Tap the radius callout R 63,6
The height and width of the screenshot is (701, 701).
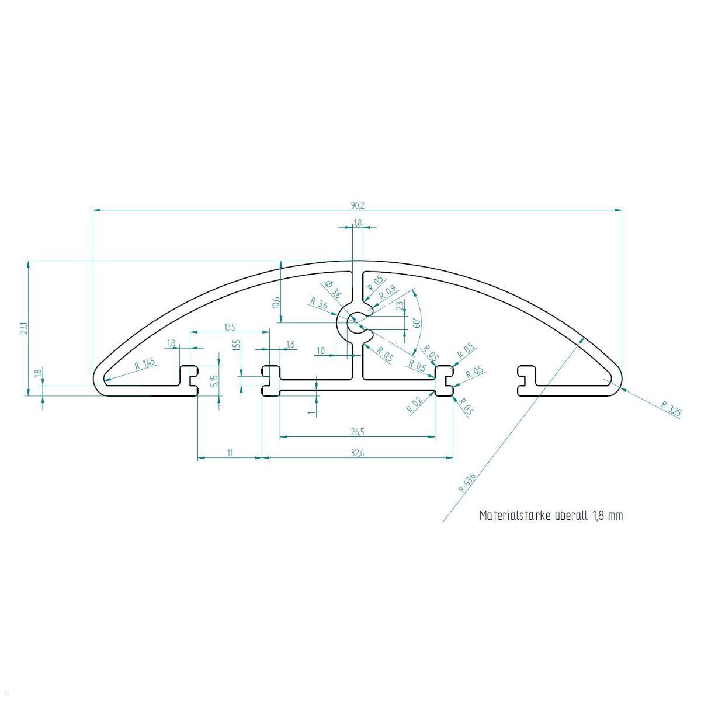pos(468,483)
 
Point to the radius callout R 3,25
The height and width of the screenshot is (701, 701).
pos(672,409)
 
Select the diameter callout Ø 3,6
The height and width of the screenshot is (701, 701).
pos(333,289)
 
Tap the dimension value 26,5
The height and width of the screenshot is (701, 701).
pos(358,432)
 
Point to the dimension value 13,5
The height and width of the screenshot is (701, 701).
pos(230,327)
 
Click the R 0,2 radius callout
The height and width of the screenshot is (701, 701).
pos(413,405)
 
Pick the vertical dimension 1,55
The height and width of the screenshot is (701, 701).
pos(236,345)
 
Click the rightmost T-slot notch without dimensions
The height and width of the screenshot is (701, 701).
pos(525,379)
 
